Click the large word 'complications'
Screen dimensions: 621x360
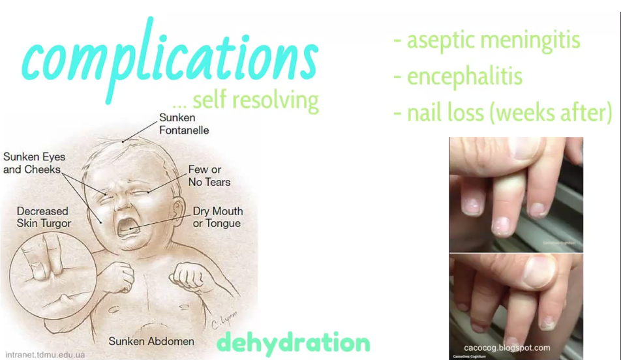coord(170,59)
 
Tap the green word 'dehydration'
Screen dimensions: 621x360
coord(294,343)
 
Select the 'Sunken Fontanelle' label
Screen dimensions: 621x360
coord(184,124)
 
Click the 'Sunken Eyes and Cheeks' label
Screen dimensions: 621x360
coord(34,163)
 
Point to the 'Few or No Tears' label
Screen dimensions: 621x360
coord(209,176)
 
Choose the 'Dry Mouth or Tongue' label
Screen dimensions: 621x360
coord(217,217)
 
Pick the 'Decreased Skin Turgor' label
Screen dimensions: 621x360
coord(44,217)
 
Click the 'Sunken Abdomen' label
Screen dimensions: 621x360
coord(151,341)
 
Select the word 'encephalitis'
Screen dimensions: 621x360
coord(458,77)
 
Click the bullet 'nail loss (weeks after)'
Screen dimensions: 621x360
coord(503,113)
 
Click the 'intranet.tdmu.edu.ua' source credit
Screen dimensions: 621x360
coord(45,355)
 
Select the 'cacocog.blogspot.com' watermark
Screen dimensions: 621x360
coord(507,348)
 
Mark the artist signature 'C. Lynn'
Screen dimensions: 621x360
coord(224,320)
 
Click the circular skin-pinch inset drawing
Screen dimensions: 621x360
coord(53,276)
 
